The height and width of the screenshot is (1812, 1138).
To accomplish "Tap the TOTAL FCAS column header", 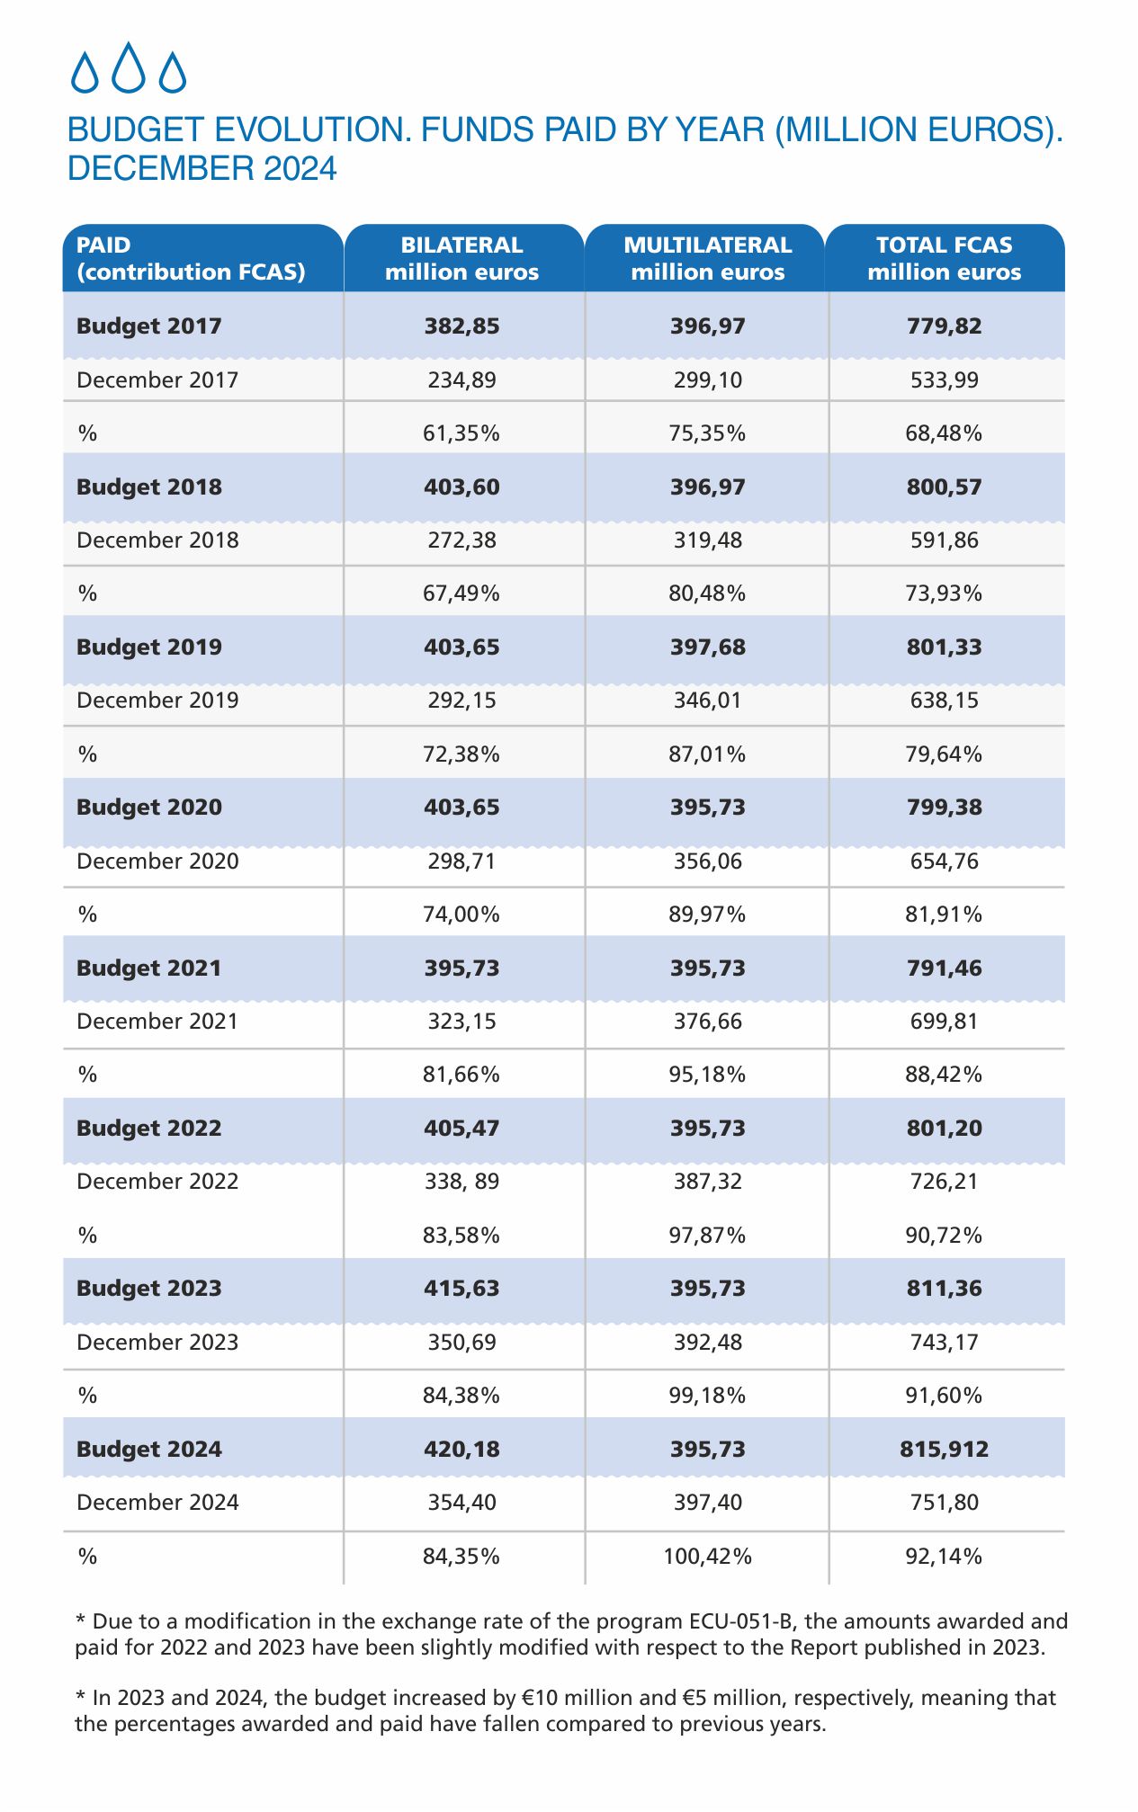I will point(944,258).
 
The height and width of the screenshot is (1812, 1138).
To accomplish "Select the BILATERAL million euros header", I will point(461,258).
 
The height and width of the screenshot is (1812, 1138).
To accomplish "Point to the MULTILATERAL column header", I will point(707,258).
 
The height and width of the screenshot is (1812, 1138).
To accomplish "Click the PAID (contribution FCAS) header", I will point(191,258).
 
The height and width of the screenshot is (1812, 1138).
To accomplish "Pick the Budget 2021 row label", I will point(148,968).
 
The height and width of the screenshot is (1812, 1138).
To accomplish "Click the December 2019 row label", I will point(157,701).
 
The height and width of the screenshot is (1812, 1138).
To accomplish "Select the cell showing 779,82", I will point(944,326).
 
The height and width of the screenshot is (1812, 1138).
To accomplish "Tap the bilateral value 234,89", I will point(461,379).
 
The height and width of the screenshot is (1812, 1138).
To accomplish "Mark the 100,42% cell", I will point(707,1556).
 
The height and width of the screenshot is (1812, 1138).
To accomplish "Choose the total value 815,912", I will point(944,1449).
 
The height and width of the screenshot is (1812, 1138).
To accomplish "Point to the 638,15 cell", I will point(944,701).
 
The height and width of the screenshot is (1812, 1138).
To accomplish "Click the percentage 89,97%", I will point(707,915).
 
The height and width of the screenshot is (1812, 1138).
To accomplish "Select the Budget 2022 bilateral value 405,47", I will point(461,1128).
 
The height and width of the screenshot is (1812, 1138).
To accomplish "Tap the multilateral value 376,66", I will point(707,1022).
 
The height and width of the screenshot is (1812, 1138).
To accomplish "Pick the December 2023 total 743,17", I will point(944,1342).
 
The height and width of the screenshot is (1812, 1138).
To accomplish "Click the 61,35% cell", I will point(461,433).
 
